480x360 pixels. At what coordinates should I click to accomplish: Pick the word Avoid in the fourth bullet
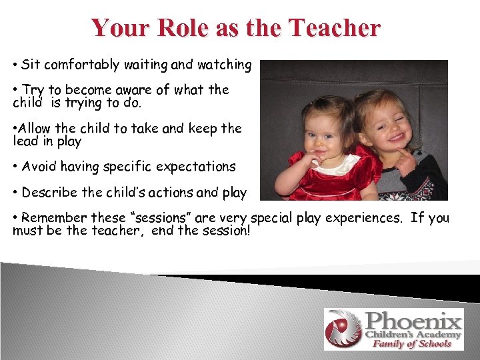coord(39,167)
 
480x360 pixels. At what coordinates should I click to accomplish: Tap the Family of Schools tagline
coord(411,343)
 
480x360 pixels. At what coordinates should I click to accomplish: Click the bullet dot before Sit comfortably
coord(15,65)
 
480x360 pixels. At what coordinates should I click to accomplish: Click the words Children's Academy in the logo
coord(413,333)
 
